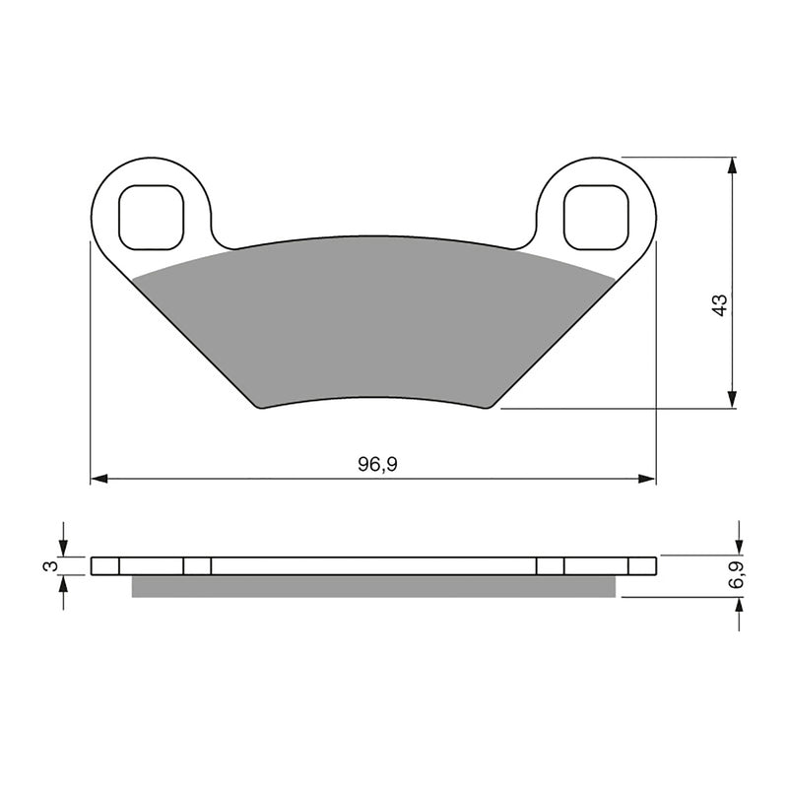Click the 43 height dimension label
coord(720,304)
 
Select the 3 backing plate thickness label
coord(44,565)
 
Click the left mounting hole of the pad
coord(151,217)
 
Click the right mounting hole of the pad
coord(595,217)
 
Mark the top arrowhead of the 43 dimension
coord(731,164)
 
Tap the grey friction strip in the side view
coord(374,586)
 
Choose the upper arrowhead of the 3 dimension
coord(63,550)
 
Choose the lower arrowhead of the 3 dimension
coord(63,581)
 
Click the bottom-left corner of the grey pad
coord(261,406)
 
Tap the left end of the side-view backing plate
coord(93,565)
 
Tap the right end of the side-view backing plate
coord(654,565)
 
